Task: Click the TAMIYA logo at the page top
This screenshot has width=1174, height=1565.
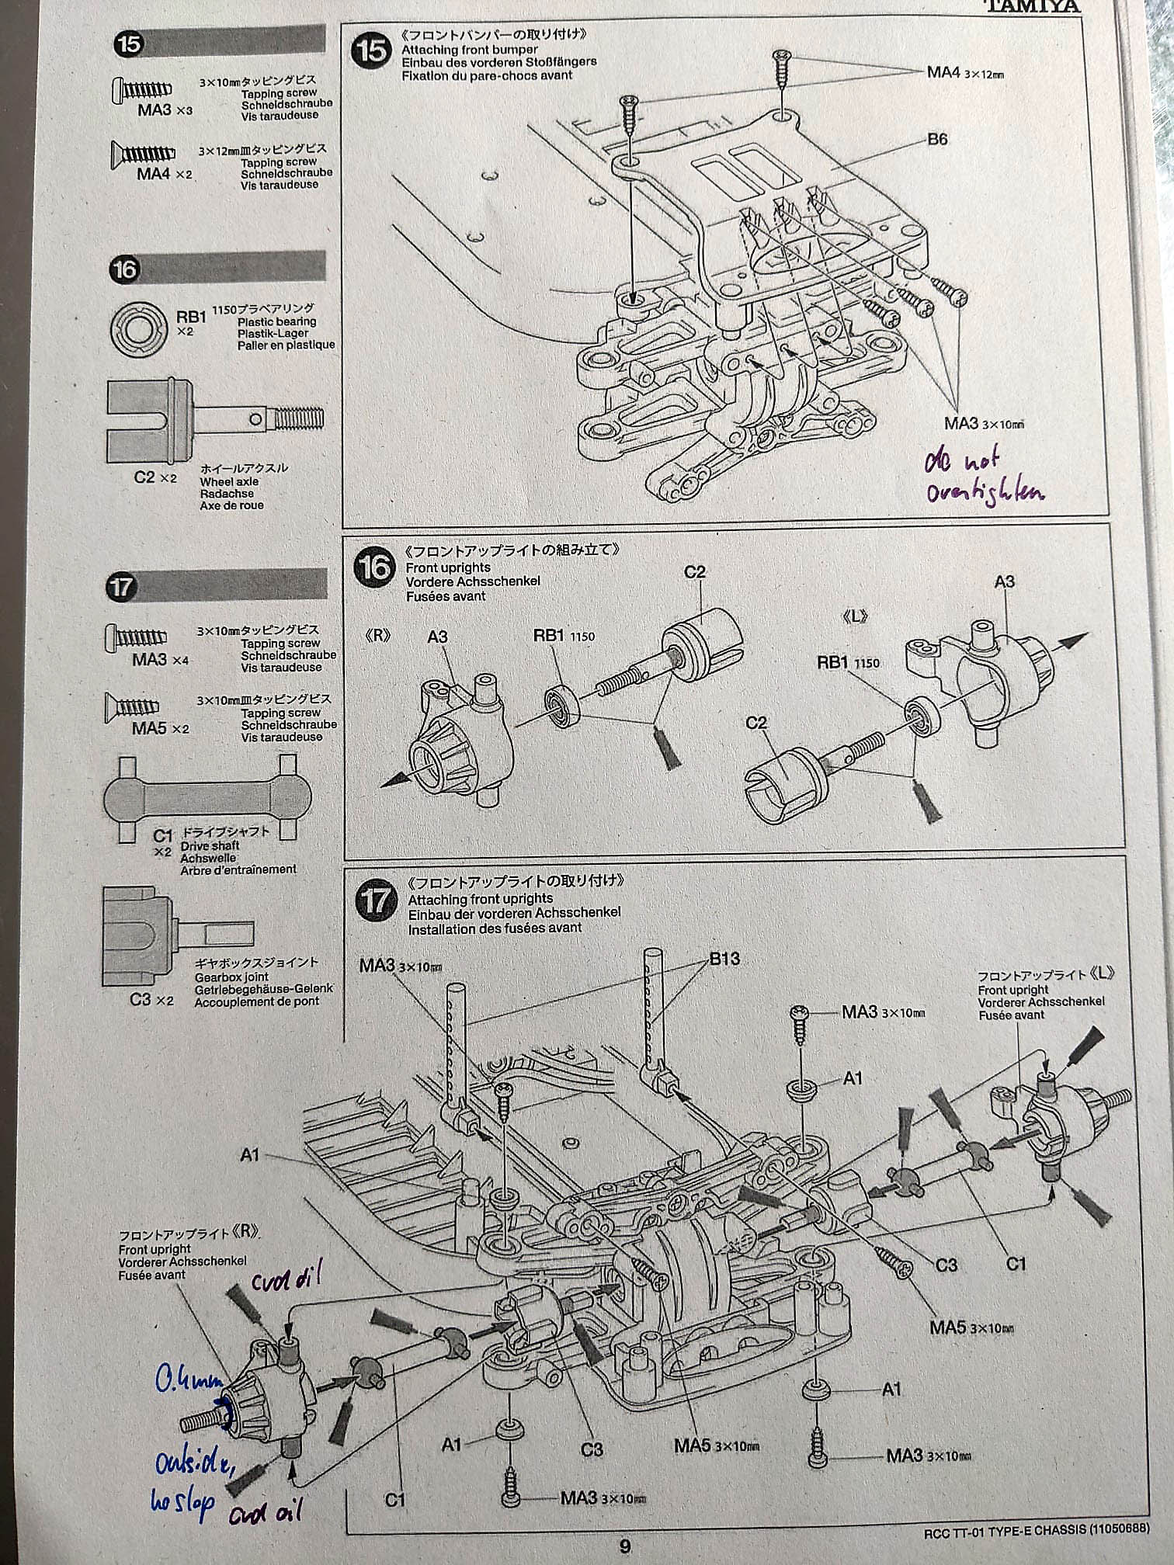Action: click(x=1032, y=6)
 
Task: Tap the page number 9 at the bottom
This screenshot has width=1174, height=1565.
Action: click(x=625, y=1545)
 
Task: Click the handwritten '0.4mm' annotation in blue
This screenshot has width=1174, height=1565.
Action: click(x=187, y=1379)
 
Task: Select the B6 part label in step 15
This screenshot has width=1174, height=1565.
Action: click(x=937, y=140)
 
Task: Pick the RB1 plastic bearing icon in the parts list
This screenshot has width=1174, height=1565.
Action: click(x=140, y=326)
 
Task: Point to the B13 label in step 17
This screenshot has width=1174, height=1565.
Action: click(x=724, y=959)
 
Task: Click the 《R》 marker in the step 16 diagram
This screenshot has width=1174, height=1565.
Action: click(x=378, y=635)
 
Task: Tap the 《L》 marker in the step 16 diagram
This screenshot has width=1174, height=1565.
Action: click(x=854, y=616)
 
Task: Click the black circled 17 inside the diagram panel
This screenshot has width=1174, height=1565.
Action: click(x=375, y=901)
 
